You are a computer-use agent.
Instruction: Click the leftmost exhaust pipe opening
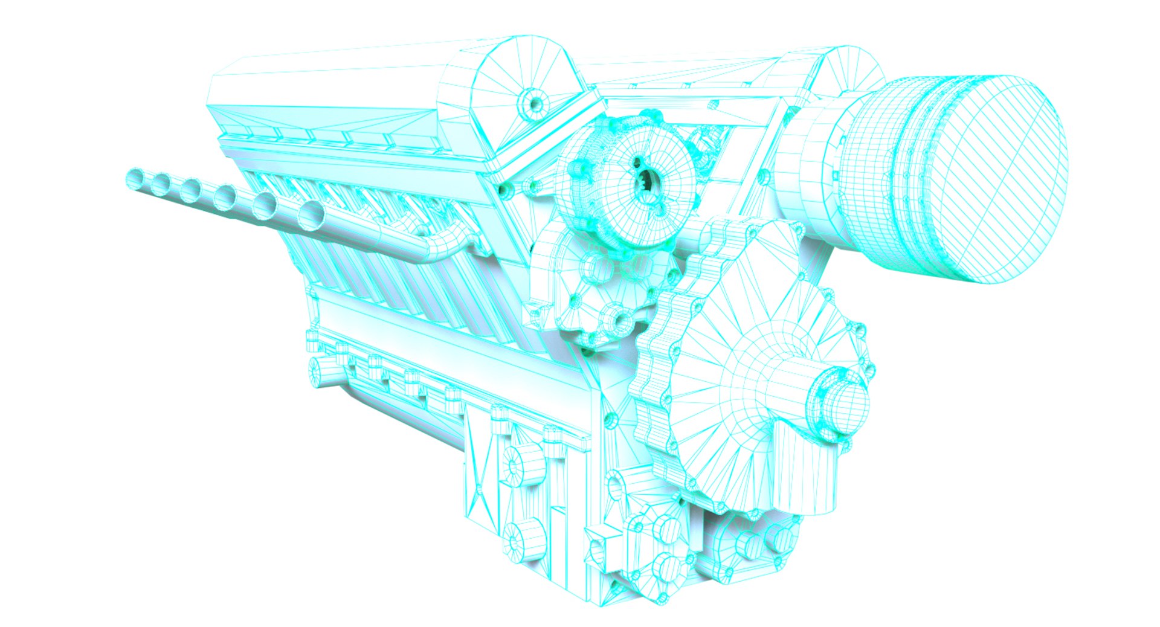pyautogui.click(x=135, y=178)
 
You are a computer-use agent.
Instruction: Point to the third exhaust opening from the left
pyautogui.click(x=190, y=190)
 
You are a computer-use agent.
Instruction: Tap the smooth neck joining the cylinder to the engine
pyautogui.click(x=810, y=163)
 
